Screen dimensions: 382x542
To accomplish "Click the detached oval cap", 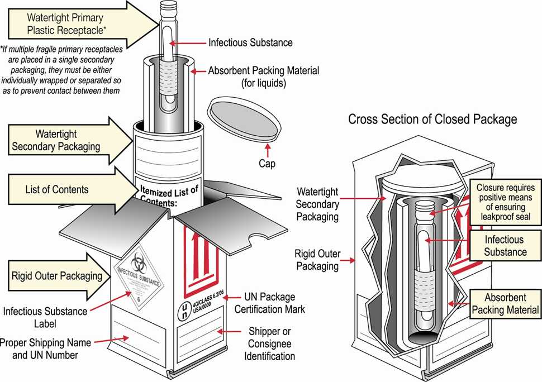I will pyautogui.click(x=243, y=120).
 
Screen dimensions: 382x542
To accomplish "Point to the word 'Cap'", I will pyautogui.click(x=267, y=164).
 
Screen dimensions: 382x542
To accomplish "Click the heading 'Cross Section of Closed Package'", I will pyautogui.click(x=432, y=119).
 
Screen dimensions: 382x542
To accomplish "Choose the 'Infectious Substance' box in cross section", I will pyautogui.click(x=504, y=246).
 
